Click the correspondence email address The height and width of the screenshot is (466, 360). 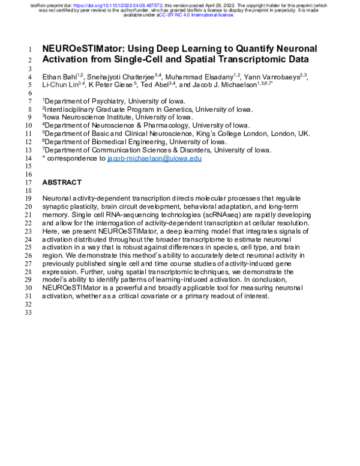click(x=154, y=159)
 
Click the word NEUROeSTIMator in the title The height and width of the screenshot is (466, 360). click(x=82, y=49)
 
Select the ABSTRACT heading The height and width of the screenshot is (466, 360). click(x=61, y=182)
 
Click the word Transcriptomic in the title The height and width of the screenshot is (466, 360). click(x=242, y=60)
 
